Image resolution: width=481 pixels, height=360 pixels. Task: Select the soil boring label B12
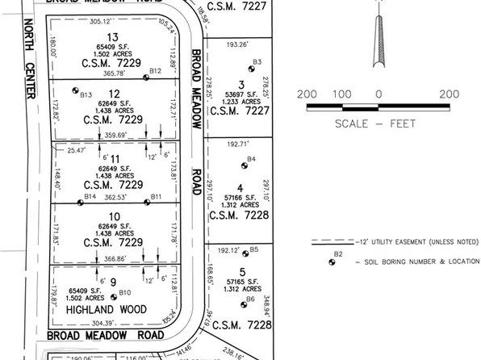(x=157, y=72)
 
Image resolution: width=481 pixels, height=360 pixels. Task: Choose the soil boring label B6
(x=251, y=299)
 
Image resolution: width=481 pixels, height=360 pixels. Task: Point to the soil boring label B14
(x=90, y=196)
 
